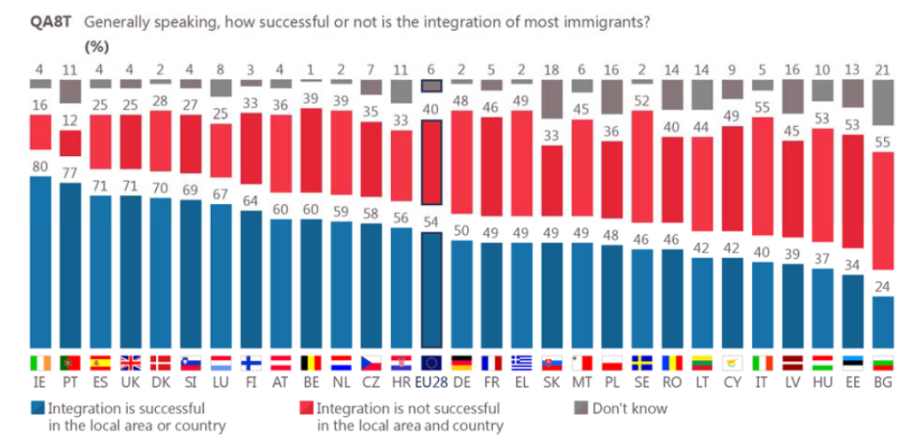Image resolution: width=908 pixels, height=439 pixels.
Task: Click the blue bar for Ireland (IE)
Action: [x=40, y=262]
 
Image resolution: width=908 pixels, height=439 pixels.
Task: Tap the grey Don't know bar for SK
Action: [x=552, y=98]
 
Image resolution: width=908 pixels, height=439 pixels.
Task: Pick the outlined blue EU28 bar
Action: [x=432, y=290]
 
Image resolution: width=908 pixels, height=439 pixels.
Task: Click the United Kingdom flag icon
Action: [x=131, y=363]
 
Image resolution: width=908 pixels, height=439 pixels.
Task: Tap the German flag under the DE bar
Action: [x=461, y=363]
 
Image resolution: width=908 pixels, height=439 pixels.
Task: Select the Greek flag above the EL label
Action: [x=521, y=363]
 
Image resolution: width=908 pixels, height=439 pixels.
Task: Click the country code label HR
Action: [x=402, y=383]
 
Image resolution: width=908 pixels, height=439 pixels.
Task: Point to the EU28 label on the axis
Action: [x=432, y=383]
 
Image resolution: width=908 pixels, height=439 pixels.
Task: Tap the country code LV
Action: [x=794, y=383]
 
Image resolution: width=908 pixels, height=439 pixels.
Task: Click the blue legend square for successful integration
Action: [x=37, y=409]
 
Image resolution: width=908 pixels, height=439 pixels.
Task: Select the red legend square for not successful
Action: [x=306, y=409]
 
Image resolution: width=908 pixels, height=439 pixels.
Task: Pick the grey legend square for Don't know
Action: [x=580, y=409]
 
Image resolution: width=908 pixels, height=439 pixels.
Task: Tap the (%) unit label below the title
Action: [x=97, y=47]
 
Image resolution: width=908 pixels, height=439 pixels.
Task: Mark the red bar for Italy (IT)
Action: [x=763, y=176]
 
